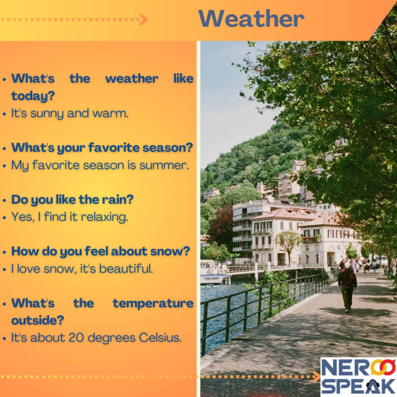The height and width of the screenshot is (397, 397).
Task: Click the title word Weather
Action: click(251, 19)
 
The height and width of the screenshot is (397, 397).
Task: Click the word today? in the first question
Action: click(33, 96)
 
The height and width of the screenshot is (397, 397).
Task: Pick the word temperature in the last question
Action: click(153, 303)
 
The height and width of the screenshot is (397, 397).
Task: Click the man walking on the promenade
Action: click(347, 285)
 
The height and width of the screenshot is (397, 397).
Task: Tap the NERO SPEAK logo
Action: click(358, 376)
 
